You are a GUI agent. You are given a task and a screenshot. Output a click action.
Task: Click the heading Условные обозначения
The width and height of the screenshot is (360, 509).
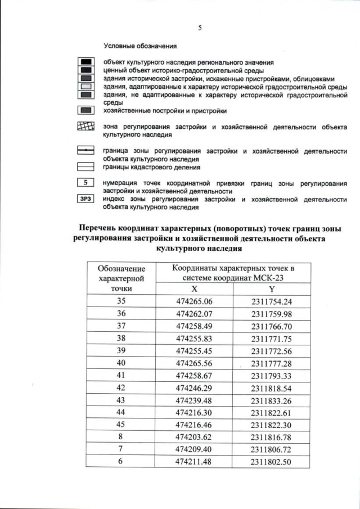point(140,46)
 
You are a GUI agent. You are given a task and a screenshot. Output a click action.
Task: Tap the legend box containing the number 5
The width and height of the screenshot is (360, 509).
point(85,183)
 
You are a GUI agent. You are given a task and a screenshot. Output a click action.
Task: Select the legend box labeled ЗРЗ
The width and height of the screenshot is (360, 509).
point(85,199)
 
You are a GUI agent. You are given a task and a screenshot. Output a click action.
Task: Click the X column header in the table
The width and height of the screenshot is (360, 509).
point(194,288)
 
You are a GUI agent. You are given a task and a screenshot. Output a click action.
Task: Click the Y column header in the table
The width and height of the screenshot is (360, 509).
point(272,288)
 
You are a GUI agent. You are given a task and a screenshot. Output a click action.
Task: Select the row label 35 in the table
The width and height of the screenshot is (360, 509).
point(121,301)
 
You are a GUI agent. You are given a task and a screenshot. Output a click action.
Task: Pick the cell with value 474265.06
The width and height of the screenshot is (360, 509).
point(194,301)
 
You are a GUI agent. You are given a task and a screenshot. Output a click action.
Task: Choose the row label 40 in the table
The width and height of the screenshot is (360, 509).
point(121,363)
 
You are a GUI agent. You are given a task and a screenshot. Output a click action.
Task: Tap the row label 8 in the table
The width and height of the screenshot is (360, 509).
point(121,437)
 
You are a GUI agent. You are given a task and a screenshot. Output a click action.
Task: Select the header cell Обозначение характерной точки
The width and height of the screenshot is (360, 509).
point(121,278)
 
